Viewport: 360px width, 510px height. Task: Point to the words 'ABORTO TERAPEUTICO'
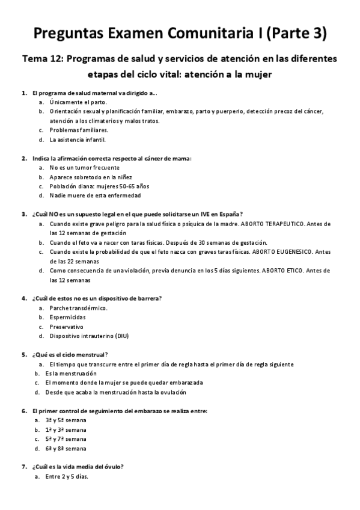pos(282,224)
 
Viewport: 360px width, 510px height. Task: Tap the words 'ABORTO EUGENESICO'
pos(291,251)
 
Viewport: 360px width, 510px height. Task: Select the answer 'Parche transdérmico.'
pos(79,308)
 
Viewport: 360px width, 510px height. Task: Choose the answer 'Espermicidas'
pos(67,317)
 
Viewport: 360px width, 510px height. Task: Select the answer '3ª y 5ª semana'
pos(66,420)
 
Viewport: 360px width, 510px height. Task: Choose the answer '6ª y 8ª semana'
pos(66,448)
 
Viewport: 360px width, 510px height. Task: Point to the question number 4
pos(23,298)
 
